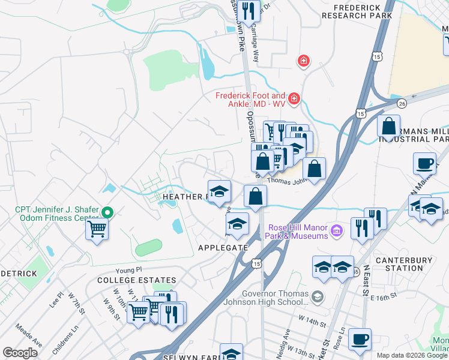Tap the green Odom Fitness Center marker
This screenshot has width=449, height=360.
point(108,212)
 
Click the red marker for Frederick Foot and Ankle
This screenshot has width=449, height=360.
point(294,98)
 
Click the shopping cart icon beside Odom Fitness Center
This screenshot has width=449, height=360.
point(97,228)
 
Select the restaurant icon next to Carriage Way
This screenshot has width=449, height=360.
point(247,10)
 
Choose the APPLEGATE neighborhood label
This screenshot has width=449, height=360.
point(223,247)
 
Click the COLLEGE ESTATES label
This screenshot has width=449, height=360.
point(136,280)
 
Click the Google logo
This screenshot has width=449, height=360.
point(20,353)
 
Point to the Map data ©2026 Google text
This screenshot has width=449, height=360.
point(411,355)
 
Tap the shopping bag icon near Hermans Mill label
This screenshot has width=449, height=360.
point(389,127)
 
